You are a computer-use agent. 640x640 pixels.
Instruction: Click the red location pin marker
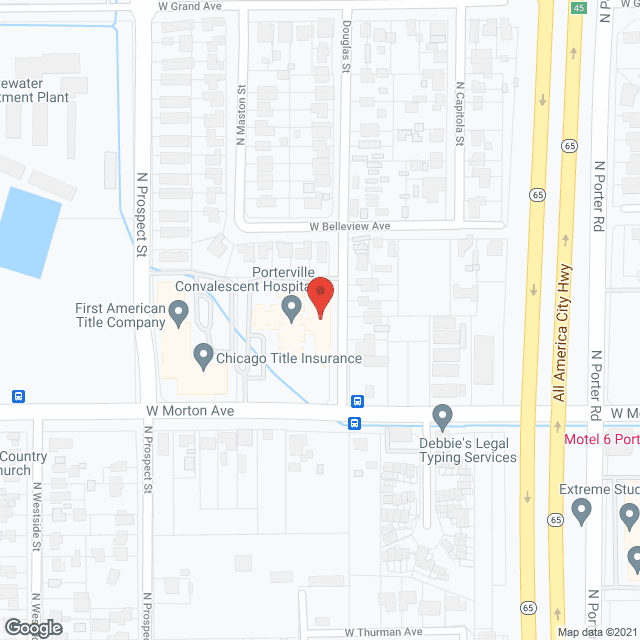320,298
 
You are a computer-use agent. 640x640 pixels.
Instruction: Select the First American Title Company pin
179,315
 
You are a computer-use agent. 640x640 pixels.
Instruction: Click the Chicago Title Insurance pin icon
203,356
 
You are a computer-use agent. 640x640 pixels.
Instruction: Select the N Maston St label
241,115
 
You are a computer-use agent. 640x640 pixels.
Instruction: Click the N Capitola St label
460,113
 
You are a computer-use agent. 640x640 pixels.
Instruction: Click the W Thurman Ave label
385,632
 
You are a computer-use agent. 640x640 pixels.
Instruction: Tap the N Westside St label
35,516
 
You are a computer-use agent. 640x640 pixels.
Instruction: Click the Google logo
32,627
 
